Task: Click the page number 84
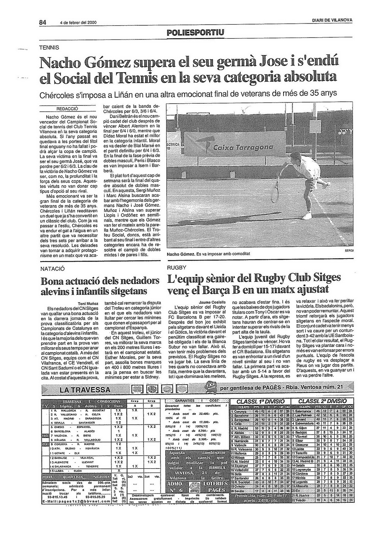pyautogui.click(x=43, y=22)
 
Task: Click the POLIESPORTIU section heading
pyautogui.click(x=196, y=32)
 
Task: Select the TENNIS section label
pyautogui.click(x=50, y=47)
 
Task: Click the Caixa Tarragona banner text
pyautogui.click(x=243, y=148)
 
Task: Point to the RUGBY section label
pyautogui.click(x=176, y=268)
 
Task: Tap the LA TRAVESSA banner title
pyautogui.click(x=85, y=390)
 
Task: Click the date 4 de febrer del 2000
pyautogui.click(x=78, y=23)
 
